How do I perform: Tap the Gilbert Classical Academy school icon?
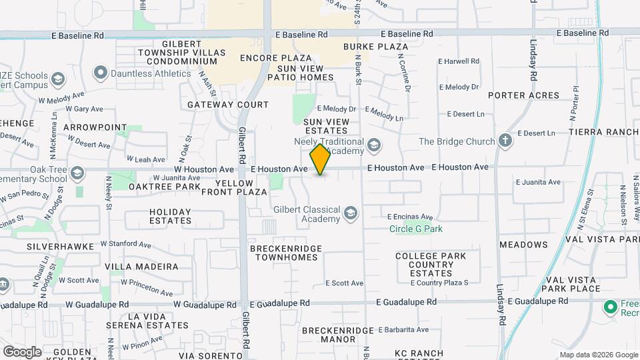click(x=350, y=214)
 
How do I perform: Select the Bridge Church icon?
click(x=505, y=141)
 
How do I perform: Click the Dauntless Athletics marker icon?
click(x=101, y=73)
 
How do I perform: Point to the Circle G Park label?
click(x=416, y=229)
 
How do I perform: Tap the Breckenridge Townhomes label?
click(x=285, y=252)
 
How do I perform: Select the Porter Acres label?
click(x=523, y=95)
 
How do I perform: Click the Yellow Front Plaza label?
click(x=241, y=187)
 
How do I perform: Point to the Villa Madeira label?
click(x=142, y=267)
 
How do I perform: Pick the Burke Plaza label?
click(x=375, y=47)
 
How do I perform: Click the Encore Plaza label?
click(x=268, y=58)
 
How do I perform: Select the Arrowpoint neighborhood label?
click(x=95, y=127)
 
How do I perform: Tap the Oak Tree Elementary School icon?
click(x=77, y=174)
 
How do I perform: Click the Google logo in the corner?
click(x=22, y=351)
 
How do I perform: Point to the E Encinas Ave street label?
click(x=410, y=217)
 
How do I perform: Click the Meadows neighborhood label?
click(x=523, y=245)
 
